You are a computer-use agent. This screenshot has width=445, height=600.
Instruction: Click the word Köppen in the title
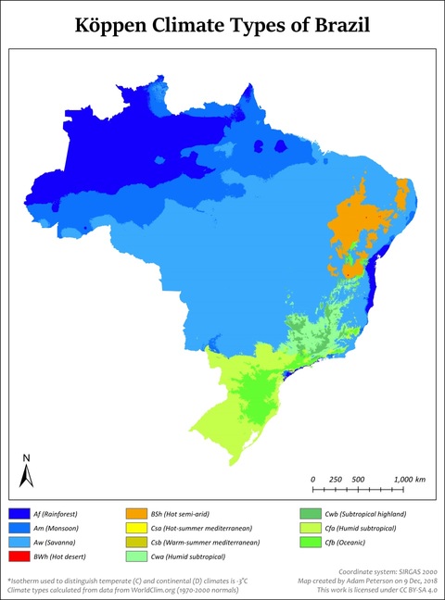(121, 25)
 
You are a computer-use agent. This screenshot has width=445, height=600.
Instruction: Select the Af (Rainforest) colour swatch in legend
(19, 512)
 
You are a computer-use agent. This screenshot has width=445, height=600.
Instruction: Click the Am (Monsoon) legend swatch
(19, 527)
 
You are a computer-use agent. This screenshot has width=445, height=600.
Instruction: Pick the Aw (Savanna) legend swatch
(19, 542)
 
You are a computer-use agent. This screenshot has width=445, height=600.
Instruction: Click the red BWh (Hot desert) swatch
(19, 556)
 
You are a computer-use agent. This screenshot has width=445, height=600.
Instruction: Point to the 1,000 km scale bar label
(408, 479)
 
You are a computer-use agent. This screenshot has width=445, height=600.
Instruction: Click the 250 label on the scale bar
(336, 479)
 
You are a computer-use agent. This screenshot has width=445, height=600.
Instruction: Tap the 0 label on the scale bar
(313, 479)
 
